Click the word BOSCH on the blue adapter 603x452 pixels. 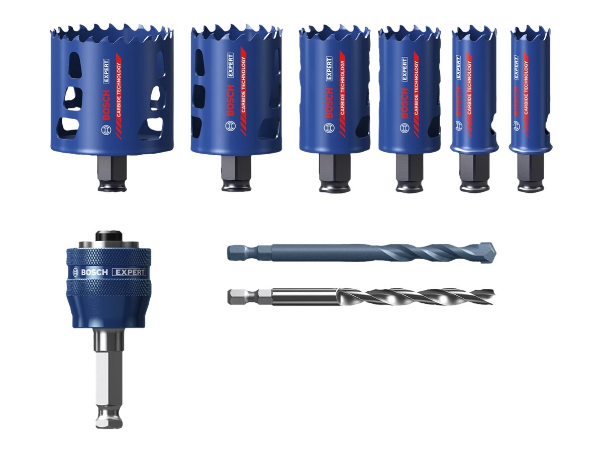pos(94,272)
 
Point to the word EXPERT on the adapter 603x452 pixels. pos(129,272)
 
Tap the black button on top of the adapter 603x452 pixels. pos(109,236)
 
